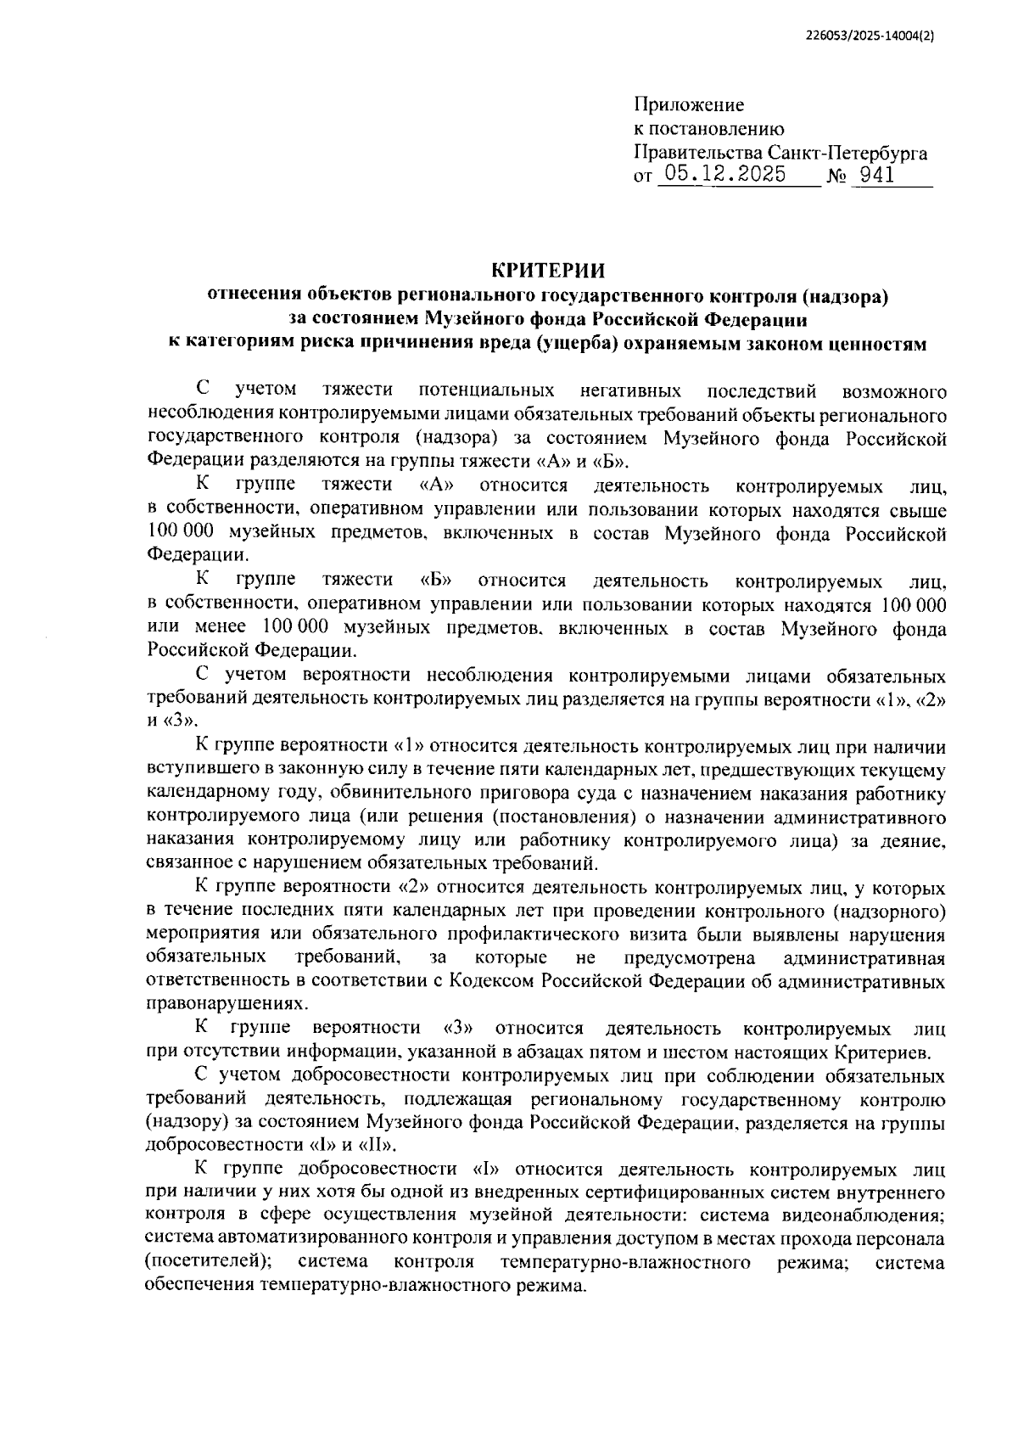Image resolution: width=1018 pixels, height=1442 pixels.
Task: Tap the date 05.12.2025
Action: point(724,176)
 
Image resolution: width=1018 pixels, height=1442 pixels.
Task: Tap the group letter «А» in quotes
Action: point(438,485)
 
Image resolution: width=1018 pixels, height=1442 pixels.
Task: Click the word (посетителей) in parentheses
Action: point(208,1262)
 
